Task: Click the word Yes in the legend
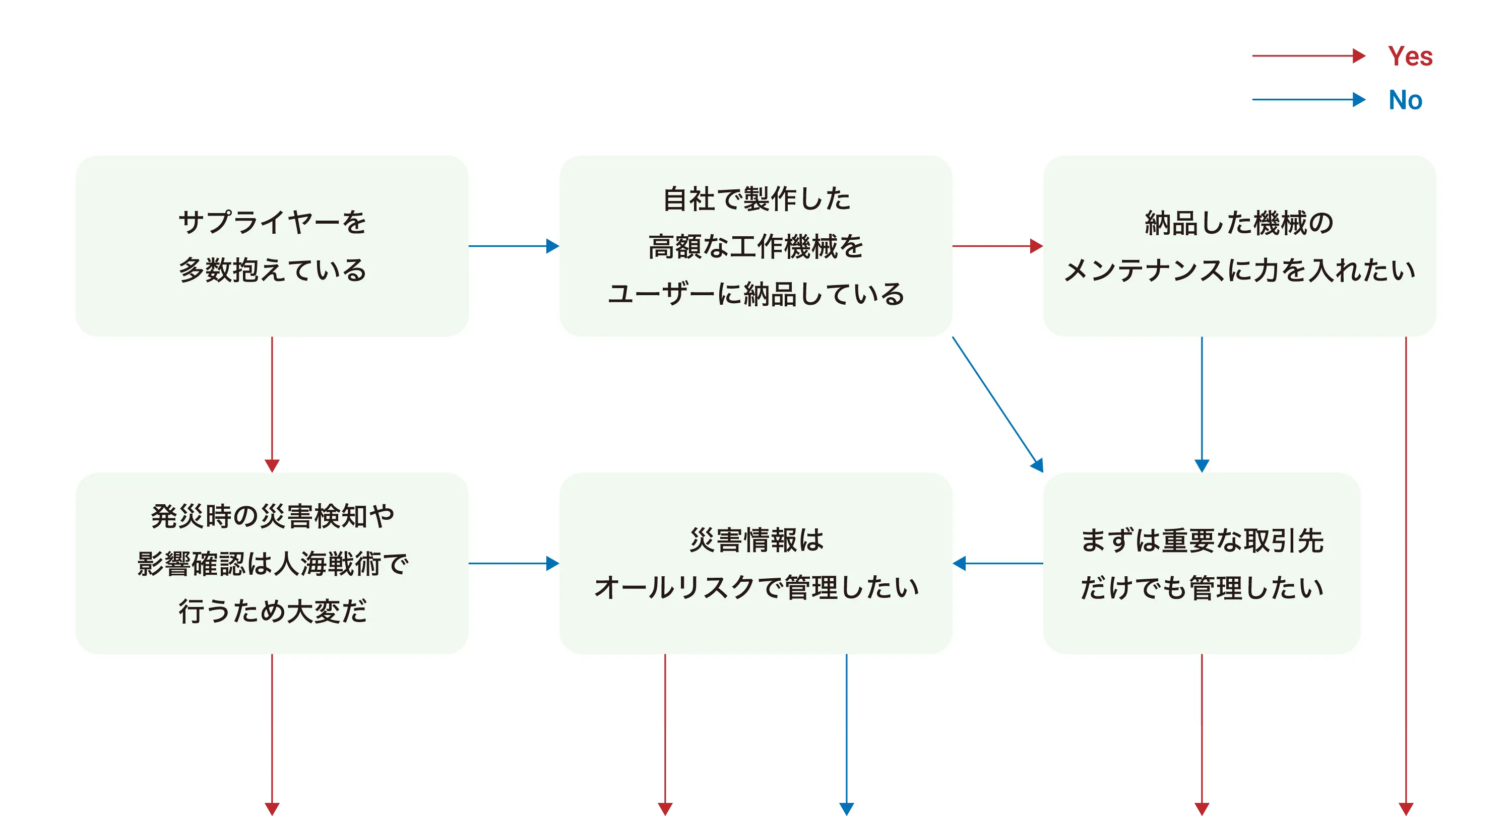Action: tap(1410, 56)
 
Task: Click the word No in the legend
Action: tap(1405, 100)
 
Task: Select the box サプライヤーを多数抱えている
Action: tap(272, 246)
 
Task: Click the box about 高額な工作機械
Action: tap(755, 246)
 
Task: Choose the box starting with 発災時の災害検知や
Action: tap(272, 563)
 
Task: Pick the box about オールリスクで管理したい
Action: tap(755, 563)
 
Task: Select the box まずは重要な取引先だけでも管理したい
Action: tap(1202, 563)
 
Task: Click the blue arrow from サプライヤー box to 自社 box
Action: tap(514, 246)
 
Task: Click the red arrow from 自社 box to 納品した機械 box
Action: tap(997, 246)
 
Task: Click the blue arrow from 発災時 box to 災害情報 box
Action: tap(514, 563)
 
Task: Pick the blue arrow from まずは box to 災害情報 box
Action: tap(997, 563)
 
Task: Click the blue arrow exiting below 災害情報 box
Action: tap(846, 733)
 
